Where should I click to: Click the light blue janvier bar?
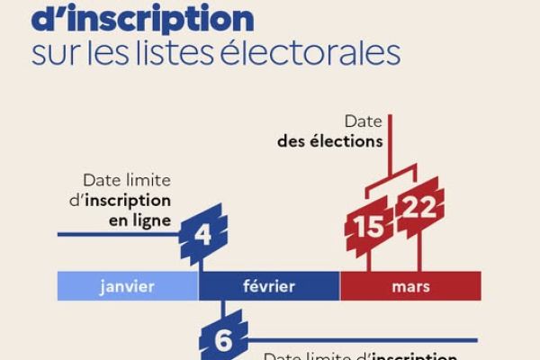coord(127,287)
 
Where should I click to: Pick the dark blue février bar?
coord(269,287)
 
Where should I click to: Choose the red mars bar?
coord(410,287)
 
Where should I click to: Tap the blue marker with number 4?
coord(202,236)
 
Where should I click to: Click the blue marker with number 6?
coord(222,340)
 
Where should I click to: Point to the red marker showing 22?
coord(419,208)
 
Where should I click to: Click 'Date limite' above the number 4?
coord(126,179)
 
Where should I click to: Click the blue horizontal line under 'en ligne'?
coord(117,235)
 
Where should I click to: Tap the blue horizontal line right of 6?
coord(360,339)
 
